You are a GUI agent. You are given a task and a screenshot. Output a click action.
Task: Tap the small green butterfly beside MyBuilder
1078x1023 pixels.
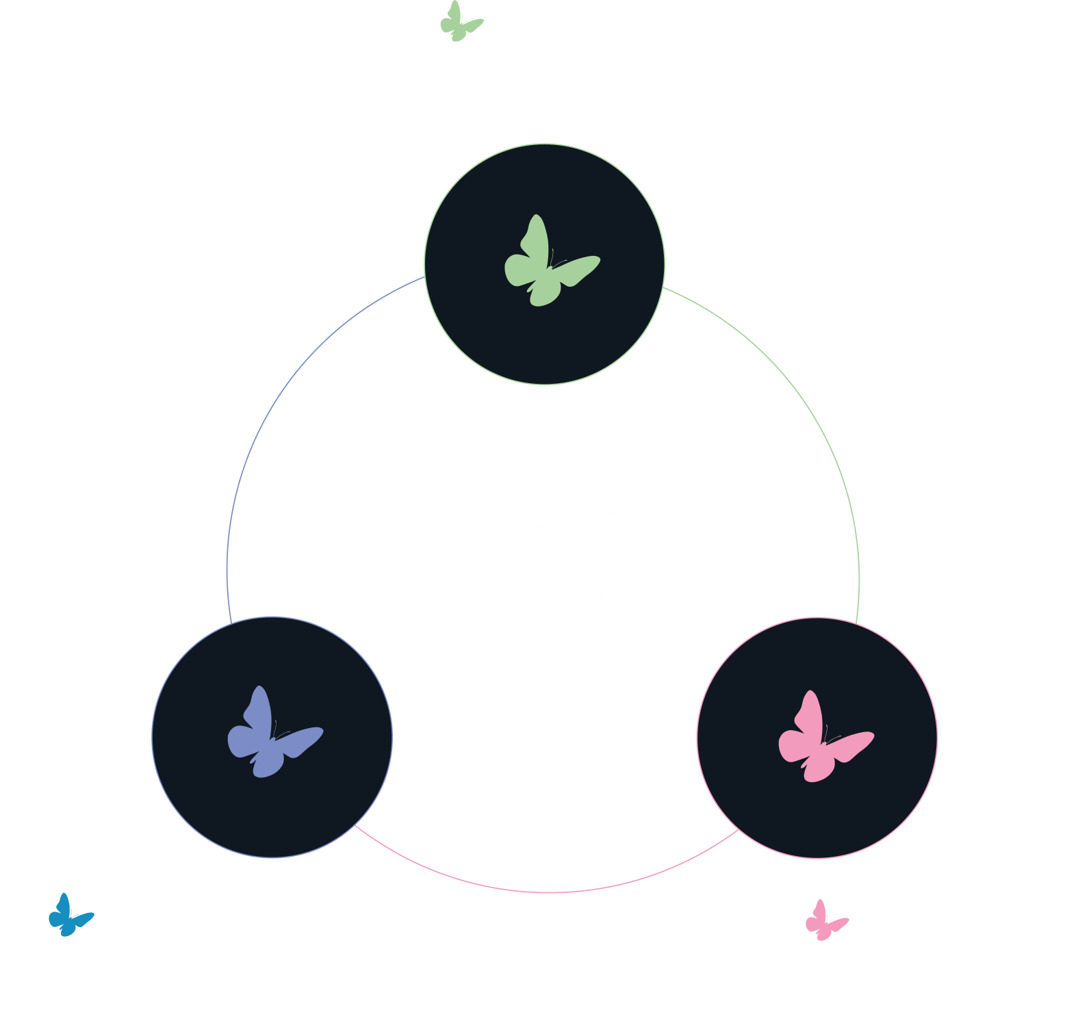(461, 21)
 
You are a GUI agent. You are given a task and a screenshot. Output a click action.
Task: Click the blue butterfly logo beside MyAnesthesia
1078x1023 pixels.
(70, 915)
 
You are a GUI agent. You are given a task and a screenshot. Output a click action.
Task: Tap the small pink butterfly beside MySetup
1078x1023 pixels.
(826, 920)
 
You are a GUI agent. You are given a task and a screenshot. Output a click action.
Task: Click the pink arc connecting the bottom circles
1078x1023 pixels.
(548, 892)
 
